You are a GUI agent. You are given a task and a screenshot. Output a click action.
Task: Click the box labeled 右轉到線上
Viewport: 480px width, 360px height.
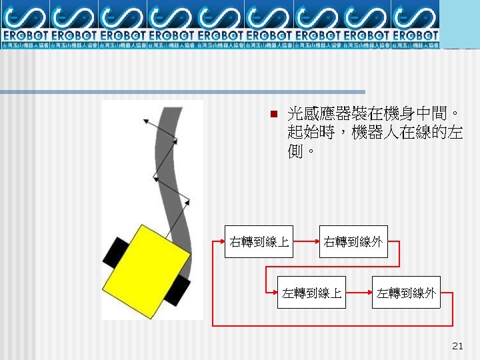pos(259,241)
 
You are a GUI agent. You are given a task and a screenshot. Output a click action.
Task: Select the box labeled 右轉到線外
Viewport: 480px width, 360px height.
pos(353,241)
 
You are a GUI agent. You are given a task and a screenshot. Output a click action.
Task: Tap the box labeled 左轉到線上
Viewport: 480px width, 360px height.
pos(312,292)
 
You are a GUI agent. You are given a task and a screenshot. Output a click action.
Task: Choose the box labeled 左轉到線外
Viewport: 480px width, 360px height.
pos(406,292)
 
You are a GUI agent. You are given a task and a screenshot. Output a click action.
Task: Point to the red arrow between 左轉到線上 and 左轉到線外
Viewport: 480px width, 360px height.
pos(359,292)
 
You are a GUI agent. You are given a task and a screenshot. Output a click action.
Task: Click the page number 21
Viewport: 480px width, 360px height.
pos(457,345)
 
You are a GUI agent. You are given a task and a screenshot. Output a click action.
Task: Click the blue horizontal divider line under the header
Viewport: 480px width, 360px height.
pos(183,92)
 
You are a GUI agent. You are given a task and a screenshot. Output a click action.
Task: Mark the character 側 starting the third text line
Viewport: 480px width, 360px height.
pos(295,151)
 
